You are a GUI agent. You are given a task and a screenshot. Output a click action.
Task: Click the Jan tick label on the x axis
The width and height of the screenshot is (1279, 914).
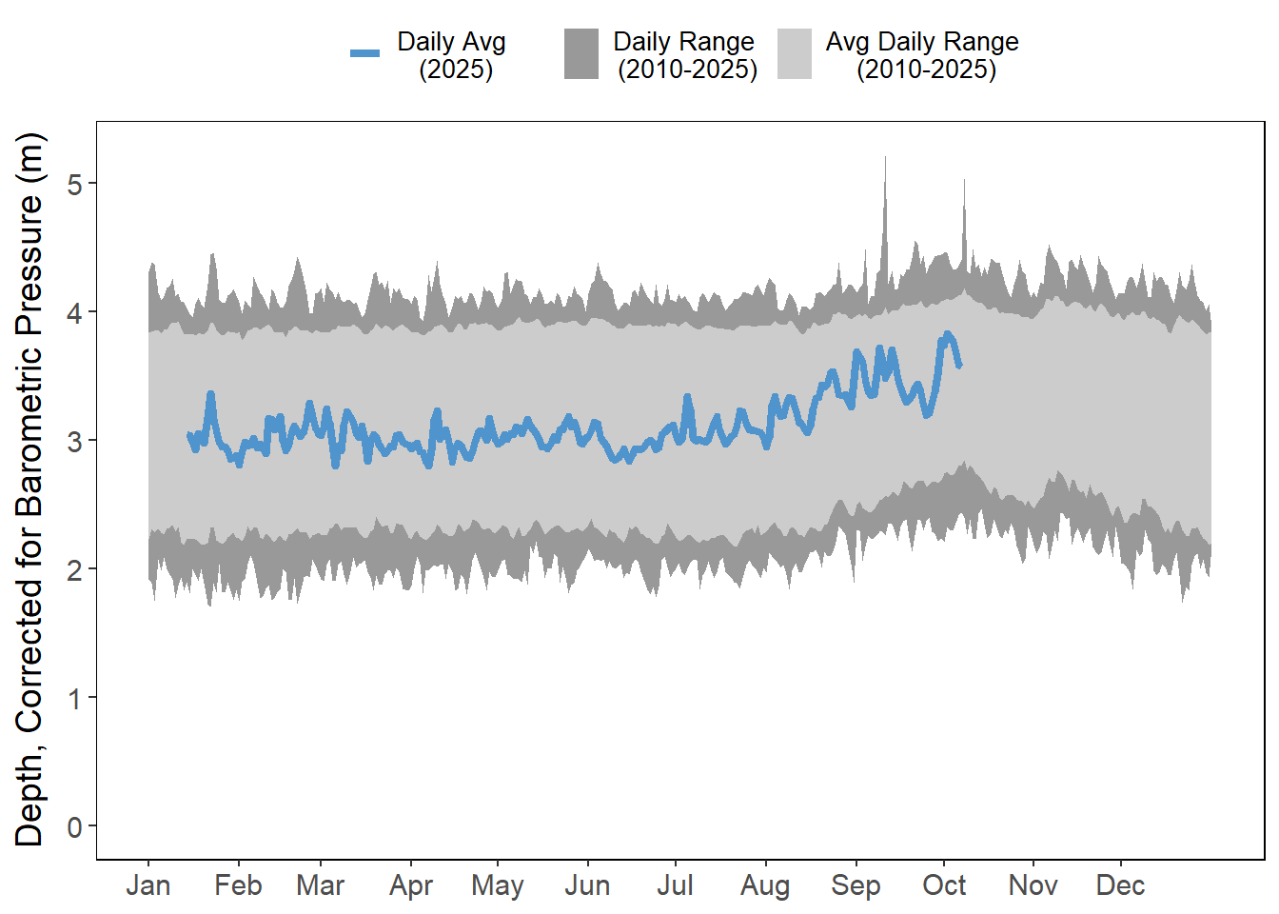click(x=148, y=885)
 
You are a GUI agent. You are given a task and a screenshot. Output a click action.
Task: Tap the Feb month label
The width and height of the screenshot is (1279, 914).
click(x=238, y=885)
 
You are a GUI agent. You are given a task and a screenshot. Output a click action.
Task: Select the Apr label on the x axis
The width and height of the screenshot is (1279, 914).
click(x=411, y=885)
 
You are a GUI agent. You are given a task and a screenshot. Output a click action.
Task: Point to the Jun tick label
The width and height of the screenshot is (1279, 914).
click(x=587, y=885)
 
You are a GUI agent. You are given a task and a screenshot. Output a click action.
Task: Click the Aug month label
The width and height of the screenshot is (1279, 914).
click(x=765, y=885)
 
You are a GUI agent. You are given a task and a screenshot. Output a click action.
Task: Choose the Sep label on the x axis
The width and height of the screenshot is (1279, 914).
click(x=856, y=885)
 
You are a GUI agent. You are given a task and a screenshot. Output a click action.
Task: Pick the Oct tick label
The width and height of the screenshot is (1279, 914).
click(x=944, y=885)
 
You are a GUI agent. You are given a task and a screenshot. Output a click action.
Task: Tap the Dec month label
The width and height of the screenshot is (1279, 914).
click(x=1120, y=885)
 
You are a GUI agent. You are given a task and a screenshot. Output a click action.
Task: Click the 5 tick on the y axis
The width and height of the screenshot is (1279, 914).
click(x=75, y=184)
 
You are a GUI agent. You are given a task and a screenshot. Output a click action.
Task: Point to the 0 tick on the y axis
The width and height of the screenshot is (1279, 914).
click(x=75, y=826)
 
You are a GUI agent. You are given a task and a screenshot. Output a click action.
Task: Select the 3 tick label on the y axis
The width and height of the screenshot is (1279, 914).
click(x=75, y=441)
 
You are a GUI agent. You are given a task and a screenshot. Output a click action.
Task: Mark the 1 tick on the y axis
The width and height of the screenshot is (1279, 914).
click(x=75, y=698)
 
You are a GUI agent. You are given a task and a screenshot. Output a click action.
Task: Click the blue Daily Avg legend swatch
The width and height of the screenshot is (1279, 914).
click(x=365, y=53)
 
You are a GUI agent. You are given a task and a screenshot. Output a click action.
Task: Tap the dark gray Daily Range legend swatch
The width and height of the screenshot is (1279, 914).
click(x=581, y=53)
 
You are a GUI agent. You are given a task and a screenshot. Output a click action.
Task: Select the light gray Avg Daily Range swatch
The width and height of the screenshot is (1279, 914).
click(x=795, y=53)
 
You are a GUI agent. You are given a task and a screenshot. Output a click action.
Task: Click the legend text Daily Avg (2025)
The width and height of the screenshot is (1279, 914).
click(x=452, y=55)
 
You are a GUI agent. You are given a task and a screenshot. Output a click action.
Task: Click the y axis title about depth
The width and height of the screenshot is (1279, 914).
click(x=30, y=489)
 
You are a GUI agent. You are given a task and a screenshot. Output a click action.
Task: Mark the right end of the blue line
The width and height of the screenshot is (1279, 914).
click(x=959, y=365)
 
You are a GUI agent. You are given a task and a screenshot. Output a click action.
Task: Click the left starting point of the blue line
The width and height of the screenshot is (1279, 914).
click(x=188, y=435)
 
